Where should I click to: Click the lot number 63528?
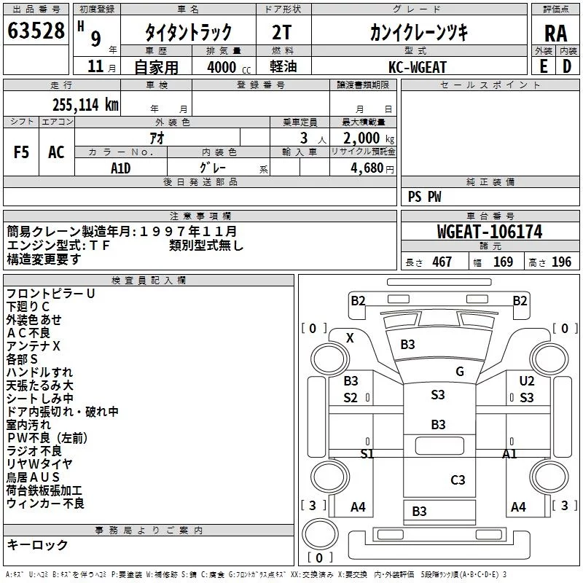(36, 31)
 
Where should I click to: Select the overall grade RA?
(556, 34)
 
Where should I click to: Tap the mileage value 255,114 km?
(85, 105)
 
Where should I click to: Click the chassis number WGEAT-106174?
(490, 232)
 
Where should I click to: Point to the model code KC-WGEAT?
(417, 67)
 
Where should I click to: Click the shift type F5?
(21, 152)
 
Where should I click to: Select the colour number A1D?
(120, 168)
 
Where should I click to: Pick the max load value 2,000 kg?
(369, 138)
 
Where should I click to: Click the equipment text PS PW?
(424, 197)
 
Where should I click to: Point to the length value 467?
(442, 262)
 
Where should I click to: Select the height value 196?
(561, 262)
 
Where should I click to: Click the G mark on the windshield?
(460, 372)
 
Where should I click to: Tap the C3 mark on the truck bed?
(458, 480)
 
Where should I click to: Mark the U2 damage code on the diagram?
(526, 380)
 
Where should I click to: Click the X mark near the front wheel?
(350, 338)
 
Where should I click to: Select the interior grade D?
(567, 66)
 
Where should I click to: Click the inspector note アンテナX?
(33, 346)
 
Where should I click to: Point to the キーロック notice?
(37, 544)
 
